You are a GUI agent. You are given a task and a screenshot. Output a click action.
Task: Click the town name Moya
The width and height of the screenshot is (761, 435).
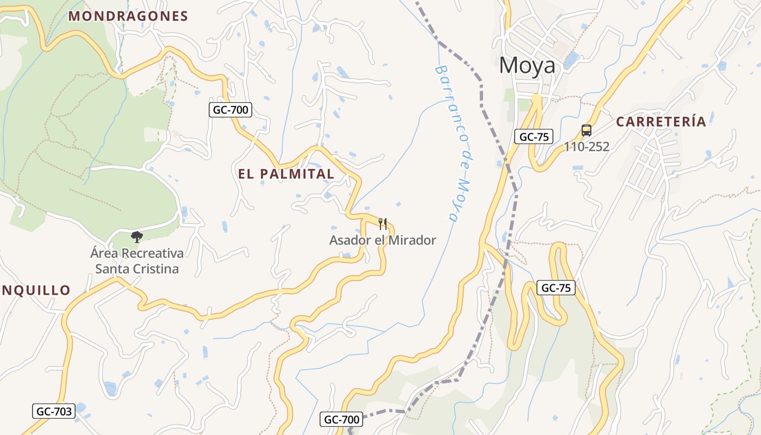click(527, 66)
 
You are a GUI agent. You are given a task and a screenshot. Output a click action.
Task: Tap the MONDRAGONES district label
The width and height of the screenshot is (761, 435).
click(128, 16)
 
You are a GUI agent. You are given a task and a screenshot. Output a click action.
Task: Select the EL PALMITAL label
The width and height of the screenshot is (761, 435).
click(286, 174)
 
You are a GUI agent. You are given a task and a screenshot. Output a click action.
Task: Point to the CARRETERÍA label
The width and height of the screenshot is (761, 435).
click(661, 122)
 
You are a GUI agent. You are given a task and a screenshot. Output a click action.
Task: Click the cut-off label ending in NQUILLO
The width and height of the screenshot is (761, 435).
click(35, 290)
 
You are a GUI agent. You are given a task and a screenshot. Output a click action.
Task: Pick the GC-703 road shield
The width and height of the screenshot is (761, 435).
click(54, 411)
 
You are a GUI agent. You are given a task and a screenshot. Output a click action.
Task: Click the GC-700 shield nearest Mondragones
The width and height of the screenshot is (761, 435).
click(230, 110)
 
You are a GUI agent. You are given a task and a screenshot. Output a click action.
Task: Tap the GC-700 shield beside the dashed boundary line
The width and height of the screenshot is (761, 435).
click(342, 419)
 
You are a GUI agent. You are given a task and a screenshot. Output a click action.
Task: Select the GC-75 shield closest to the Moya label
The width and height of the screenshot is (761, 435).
click(534, 136)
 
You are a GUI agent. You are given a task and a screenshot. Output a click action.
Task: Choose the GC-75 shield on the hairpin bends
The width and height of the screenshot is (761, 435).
click(556, 288)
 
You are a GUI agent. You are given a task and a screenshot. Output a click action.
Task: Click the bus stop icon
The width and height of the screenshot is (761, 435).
click(586, 130)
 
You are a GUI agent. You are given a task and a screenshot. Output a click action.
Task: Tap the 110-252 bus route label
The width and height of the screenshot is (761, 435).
click(586, 146)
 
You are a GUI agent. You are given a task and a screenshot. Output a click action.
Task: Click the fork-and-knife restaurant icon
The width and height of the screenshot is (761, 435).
click(383, 223)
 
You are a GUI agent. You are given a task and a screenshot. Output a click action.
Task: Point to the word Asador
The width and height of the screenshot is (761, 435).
click(348, 240)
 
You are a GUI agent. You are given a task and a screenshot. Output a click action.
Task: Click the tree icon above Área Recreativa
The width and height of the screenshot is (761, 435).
click(136, 237)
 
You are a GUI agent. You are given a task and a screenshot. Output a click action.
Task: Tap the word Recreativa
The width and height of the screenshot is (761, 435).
click(152, 253)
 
